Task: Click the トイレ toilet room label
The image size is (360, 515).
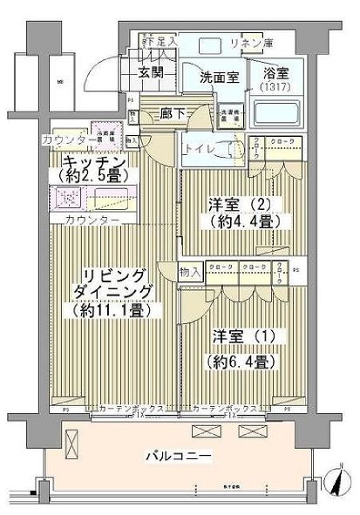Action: point(198,148)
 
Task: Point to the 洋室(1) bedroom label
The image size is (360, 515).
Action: point(240,336)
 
